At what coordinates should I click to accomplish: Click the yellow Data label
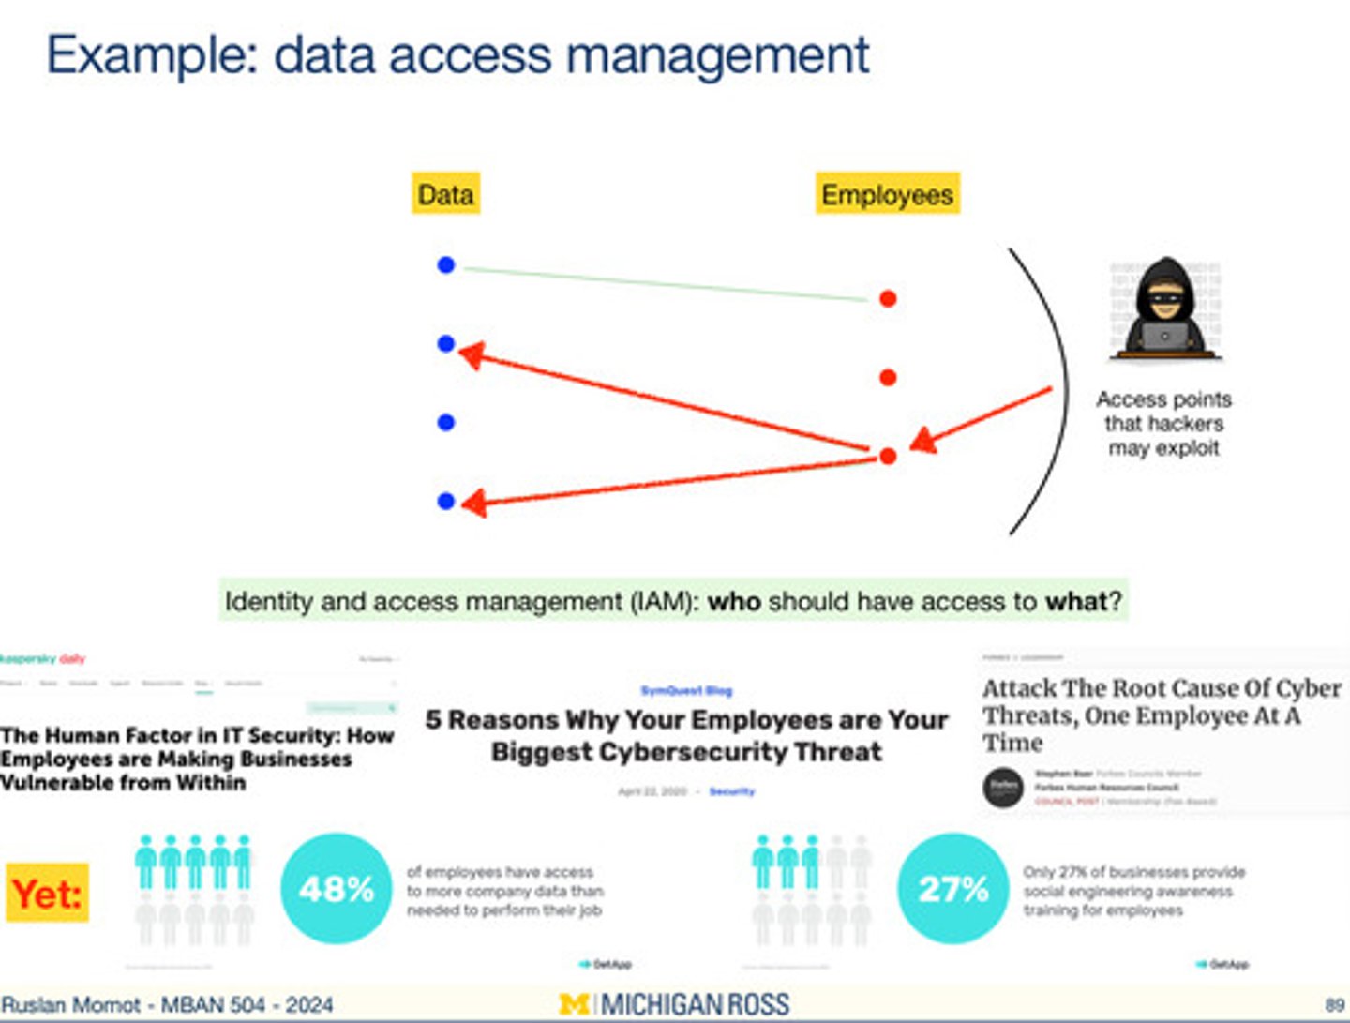[x=445, y=194]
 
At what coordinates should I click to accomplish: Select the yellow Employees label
[x=887, y=194]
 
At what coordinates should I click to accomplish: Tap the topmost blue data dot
[x=446, y=265]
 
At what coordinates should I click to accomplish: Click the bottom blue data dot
[x=446, y=502]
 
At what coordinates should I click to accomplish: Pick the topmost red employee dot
[x=888, y=299]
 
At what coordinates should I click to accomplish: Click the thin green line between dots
[x=666, y=284]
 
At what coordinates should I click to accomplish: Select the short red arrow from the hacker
[x=984, y=417]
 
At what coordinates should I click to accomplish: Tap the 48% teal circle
[x=336, y=888]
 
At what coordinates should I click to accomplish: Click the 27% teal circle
[x=952, y=888]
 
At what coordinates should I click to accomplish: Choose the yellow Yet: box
[x=48, y=893]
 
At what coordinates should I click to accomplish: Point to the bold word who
[x=733, y=601]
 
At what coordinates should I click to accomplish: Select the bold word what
[x=1076, y=601]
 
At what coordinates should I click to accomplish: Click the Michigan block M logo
[x=574, y=1004]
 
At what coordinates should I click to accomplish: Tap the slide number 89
[x=1334, y=1005]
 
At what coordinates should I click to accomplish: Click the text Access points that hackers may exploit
[x=1163, y=424]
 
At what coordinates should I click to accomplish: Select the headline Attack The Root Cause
[x=1161, y=715]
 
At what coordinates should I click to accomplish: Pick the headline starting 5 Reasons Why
[x=686, y=735]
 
